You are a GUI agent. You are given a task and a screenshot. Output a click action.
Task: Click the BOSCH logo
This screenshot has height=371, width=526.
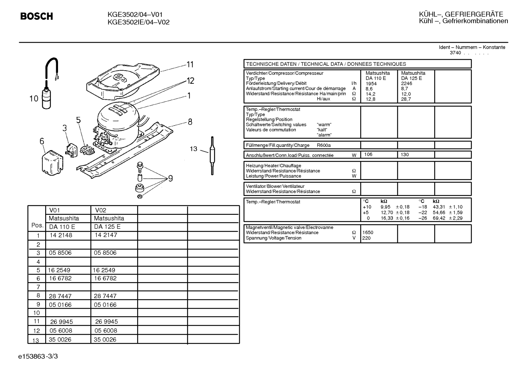pyautogui.click(x=36, y=16)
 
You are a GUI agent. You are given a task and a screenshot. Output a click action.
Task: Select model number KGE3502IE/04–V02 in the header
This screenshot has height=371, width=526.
pyautogui.click(x=139, y=22)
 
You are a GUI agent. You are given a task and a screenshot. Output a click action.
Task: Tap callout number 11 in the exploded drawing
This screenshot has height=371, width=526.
pyautogui.click(x=190, y=64)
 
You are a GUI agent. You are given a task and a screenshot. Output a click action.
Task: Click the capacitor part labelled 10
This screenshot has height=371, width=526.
pyautogui.click(x=46, y=98)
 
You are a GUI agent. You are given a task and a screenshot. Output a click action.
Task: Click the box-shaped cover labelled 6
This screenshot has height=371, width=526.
pyautogui.click(x=53, y=163)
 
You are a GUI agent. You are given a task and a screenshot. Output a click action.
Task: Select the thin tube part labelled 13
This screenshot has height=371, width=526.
pyautogui.click(x=212, y=155)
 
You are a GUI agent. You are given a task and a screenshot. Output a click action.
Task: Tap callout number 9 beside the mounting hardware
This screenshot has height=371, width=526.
pyautogui.click(x=171, y=179)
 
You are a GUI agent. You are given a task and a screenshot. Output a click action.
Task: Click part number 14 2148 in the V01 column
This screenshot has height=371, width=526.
pyautogui.click(x=61, y=235)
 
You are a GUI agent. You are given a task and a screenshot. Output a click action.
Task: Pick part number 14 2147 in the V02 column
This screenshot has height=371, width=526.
pyautogui.click(x=106, y=235)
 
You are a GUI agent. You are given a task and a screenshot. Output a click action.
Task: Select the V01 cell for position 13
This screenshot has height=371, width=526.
pyautogui.click(x=60, y=340)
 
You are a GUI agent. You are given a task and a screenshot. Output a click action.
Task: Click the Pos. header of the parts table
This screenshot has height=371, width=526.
pyautogui.click(x=37, y=225)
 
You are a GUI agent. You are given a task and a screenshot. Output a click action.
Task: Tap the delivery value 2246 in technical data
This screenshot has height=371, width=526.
pyautogui.click(x=406, y=84)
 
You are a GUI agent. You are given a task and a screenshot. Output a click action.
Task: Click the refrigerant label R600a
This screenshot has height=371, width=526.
pyautogui.click(x=324, y=145)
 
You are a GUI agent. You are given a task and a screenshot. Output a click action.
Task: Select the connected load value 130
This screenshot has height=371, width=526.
pyautogui.click(x=405, y=155)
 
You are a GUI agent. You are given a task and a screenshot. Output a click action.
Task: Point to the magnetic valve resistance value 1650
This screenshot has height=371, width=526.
pyautogui.click(x=368, y=233)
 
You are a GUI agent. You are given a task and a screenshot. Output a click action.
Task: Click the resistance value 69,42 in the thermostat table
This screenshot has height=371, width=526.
pyautogui.click(x=439, y=218)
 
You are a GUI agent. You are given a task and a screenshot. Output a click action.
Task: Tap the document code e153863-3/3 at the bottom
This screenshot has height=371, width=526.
pyautogui.click(x=38, y=356)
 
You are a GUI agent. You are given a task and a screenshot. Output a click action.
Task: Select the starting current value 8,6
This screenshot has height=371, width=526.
pyautogui.click(x=369, y=89)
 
